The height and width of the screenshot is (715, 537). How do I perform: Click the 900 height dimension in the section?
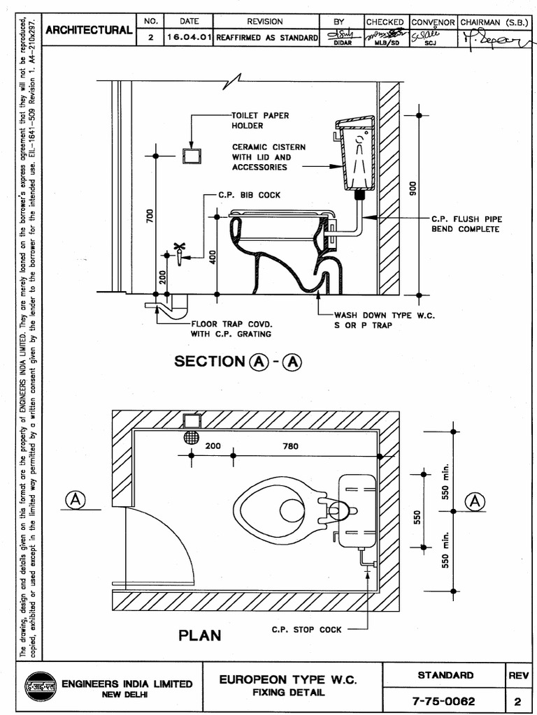pyautogui.click(x=413, y=189)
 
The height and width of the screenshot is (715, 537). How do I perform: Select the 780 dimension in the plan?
pyautogui.click(x=290, y=445)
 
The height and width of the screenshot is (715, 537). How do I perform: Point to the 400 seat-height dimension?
pyautogui.click(x=213, y=257)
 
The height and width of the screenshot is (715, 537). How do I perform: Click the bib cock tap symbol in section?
pyautogui.click(x=180, y=254)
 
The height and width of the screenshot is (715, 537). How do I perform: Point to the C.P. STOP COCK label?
pyautogui.click(x=307, y=629)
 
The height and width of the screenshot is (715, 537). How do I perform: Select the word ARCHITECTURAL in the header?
pyautogui.click(x=89, y=30)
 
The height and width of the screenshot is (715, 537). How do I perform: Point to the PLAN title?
pyautogui.click(x=200, y=635)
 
